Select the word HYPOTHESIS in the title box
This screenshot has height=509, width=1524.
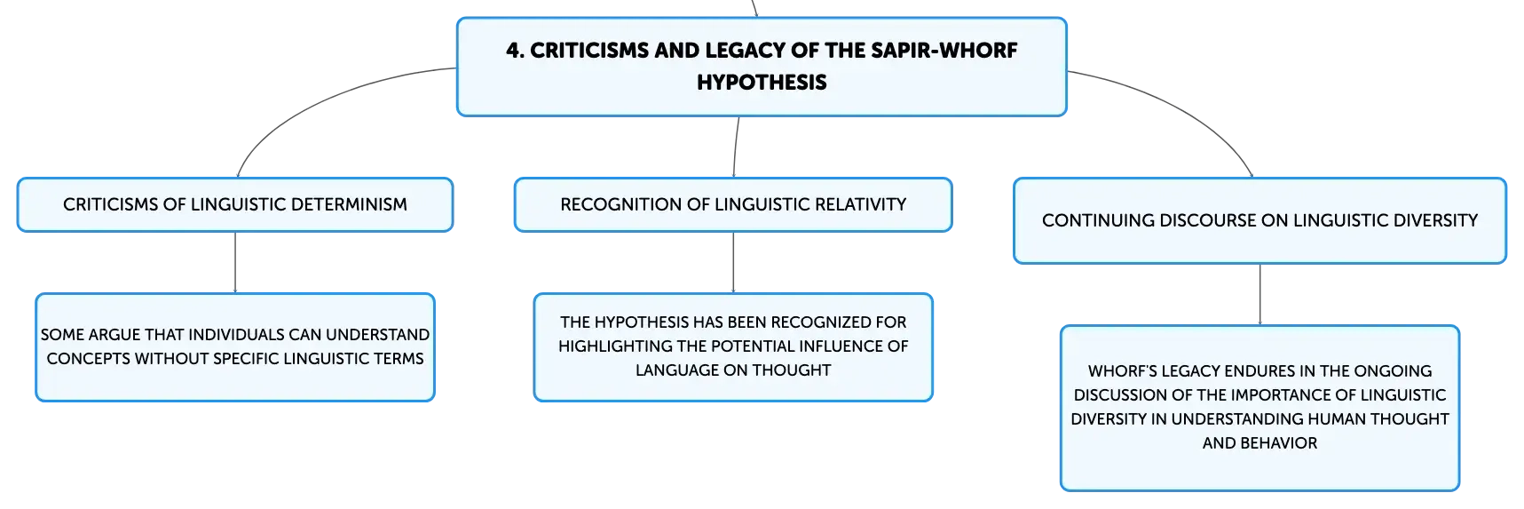[762, 83]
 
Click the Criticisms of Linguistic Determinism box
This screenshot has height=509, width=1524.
[235, 204]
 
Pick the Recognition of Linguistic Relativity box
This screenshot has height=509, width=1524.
[733, 204]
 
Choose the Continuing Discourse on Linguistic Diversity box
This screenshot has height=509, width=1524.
[1260, 220]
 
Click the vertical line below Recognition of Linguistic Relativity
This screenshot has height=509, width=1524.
[733, 262]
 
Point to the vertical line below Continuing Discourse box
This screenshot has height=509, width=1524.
[1260, 295]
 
